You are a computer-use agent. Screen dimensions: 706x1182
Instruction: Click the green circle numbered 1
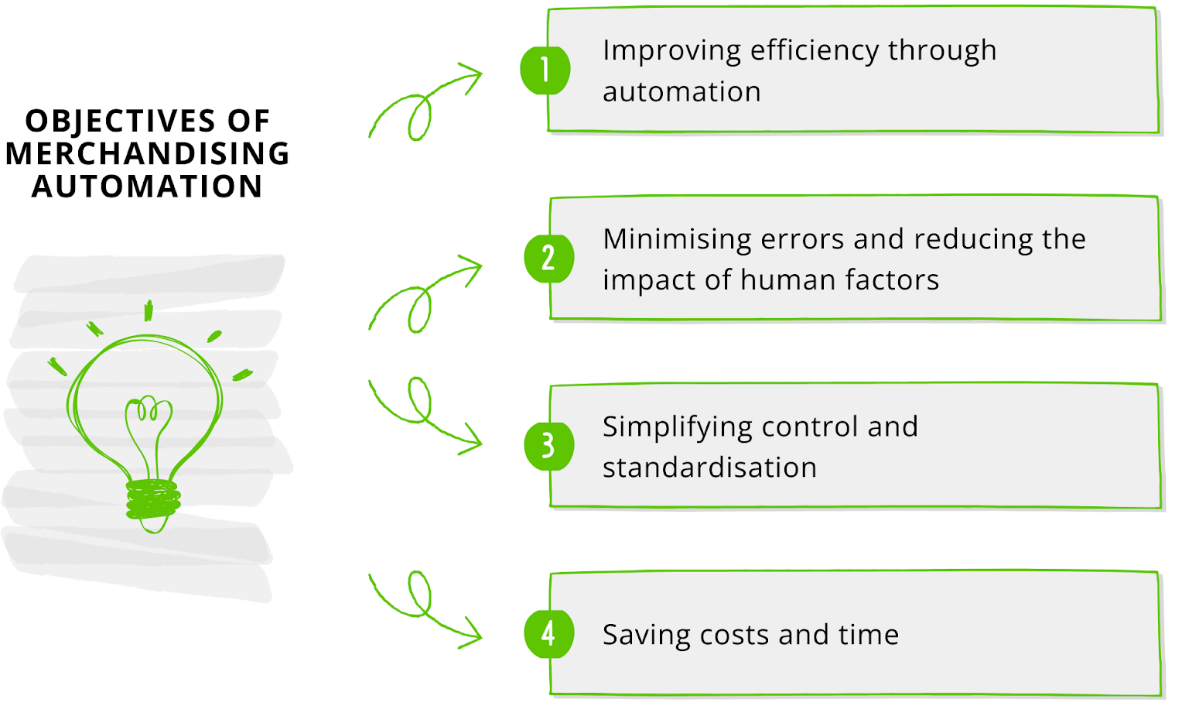pyautogui.click(x=545, y=70)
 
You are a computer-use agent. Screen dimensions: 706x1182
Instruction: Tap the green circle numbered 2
pyautogui.click(x=548, y=258)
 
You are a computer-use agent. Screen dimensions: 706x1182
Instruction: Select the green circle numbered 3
pyautogui.click(x=548, y=446)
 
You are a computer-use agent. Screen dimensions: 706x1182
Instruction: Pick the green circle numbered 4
pyautogui.click(x=548, y=634)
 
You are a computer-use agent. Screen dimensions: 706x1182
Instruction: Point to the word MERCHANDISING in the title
pyautogui.click(x=147, y=154)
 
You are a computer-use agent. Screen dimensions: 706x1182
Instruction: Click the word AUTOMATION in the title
pyautogui.click(x=147, y=187)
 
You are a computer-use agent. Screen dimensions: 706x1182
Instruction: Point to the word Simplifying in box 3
pyautogui.click(x=678, y=427)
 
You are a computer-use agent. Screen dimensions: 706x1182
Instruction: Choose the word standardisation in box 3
pyautogui.click(x=709, y=468)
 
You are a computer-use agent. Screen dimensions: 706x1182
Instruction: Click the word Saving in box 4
pyautogui.click(x=646, y=636)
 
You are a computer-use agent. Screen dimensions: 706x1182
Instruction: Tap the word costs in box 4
pyautogui.click(x=734, y=636)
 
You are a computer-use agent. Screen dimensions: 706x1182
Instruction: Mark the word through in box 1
pyautogui.click(x=942, y=51)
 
